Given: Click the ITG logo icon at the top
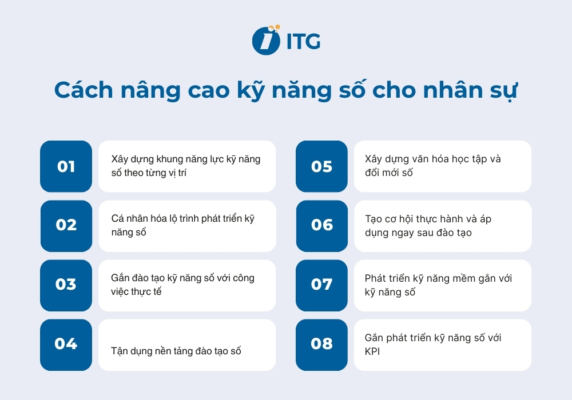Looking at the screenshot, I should tap(266, 41).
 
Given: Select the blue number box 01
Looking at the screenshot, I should tap(66, 166).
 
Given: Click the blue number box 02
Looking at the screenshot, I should tap(66, 226).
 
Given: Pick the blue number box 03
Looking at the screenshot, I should tap(66, 285).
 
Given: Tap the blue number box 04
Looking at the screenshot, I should tap(66, 345).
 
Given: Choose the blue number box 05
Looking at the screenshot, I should tap(321, 166).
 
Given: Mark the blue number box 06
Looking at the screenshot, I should tap(321, 226).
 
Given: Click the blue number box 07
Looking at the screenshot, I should tap(321, 285).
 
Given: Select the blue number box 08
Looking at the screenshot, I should tap(321, 345).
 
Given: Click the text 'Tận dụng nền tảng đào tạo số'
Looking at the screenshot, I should tap(176, 351).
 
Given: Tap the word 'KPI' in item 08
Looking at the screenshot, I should tap(372, 351).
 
